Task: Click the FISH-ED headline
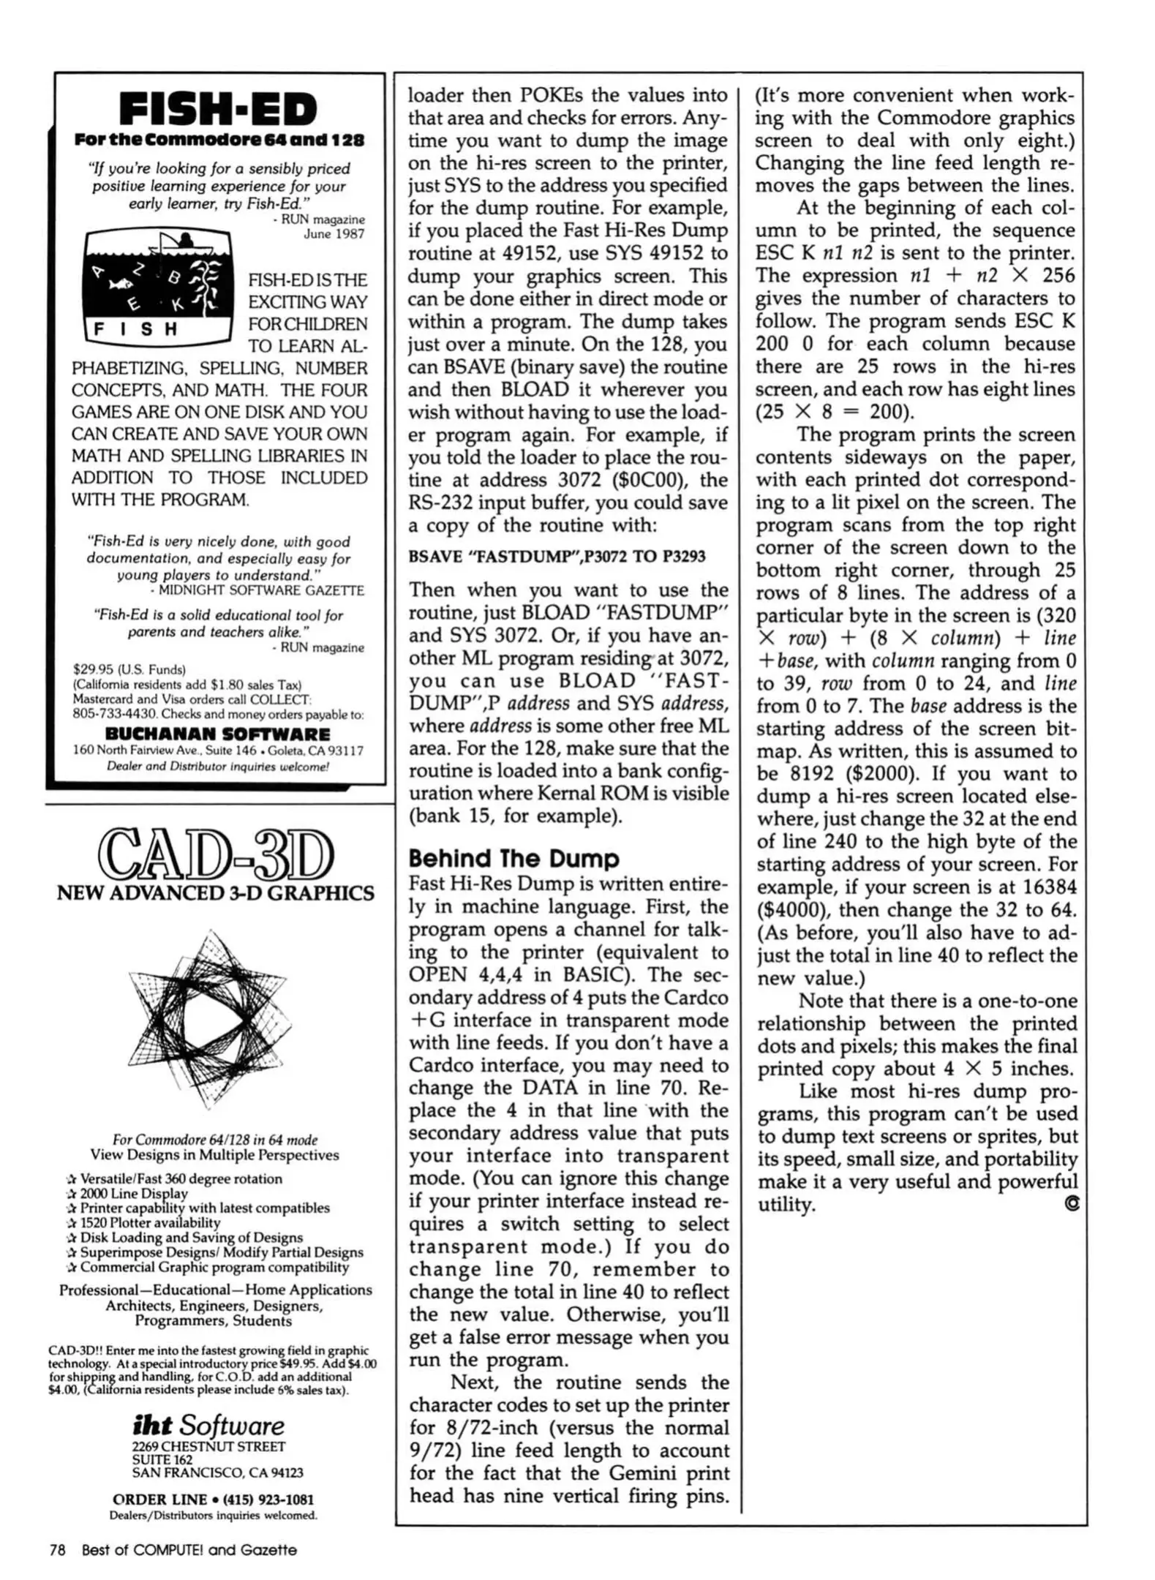click(x=218, y=110)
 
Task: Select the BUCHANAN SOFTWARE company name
click(x=217, y=734)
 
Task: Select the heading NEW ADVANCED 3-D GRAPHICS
click(x=215, y=893)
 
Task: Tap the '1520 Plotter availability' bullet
click(x=149, y=1222)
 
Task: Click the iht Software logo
click(x=208, y=1425)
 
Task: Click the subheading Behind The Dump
click(x=513, y=858)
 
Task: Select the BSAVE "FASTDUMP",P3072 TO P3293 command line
click(x=557, y=557)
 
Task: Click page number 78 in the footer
click(x=57, y=1550)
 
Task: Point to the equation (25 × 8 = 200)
click(x=835, y=412)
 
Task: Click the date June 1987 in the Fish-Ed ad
click(x=334, y=234)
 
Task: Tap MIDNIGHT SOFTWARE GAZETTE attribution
click(x=262, y=590)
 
